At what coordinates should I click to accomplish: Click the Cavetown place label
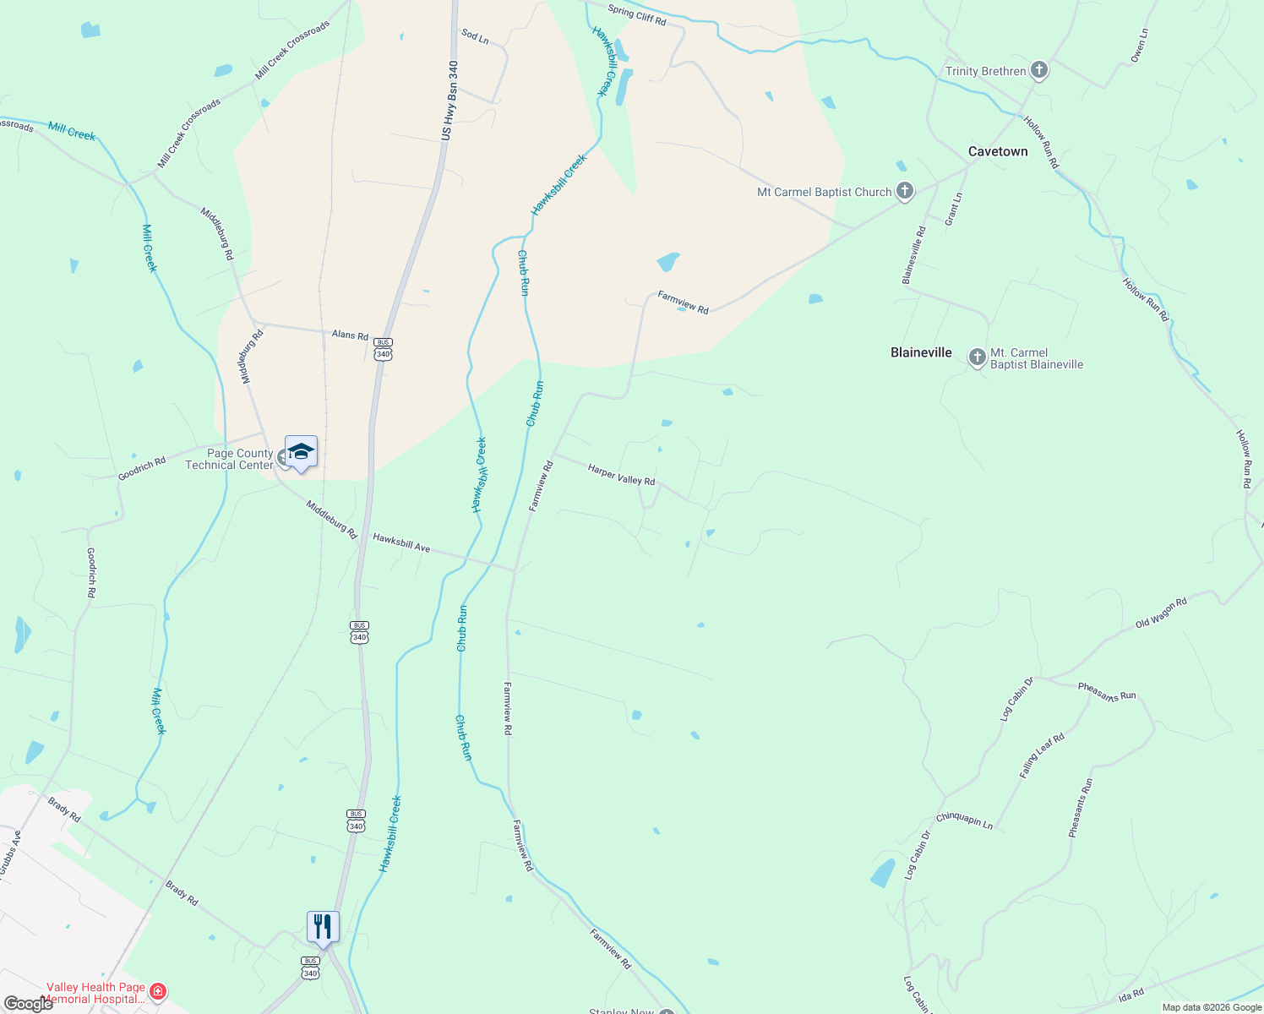coord(998,151)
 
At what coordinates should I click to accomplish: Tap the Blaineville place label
coord(921,352)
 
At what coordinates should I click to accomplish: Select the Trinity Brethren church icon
coord(1039,71)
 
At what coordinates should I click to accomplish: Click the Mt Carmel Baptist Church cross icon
coord(905,192)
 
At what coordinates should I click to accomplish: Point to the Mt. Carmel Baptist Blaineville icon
coord(977,358)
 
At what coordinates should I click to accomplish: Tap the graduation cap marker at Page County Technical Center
coord(301,452)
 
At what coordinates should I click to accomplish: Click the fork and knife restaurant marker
coord(323,927)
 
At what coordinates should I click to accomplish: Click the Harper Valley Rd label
coord(621,475)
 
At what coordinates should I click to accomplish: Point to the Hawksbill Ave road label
coord(401,542)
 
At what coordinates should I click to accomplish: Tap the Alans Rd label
coord(350,335)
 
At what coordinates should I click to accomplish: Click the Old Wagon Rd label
coord(1161,613)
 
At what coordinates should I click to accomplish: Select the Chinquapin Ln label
coord(964,820)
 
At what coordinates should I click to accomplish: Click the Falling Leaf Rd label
coord(1042,755)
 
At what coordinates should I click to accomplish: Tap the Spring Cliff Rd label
coord(636,15)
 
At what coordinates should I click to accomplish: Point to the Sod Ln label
coord(475,36)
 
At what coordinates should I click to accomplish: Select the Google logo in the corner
coord(28,1004)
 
